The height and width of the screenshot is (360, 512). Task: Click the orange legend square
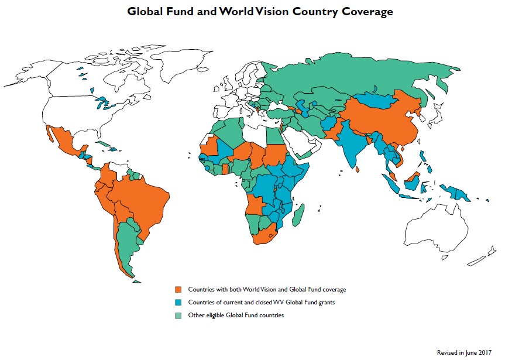point(178,290)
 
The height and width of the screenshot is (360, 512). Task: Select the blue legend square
point(178,303)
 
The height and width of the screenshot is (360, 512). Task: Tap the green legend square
point(178,316)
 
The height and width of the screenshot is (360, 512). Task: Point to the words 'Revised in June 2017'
point(463,352)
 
